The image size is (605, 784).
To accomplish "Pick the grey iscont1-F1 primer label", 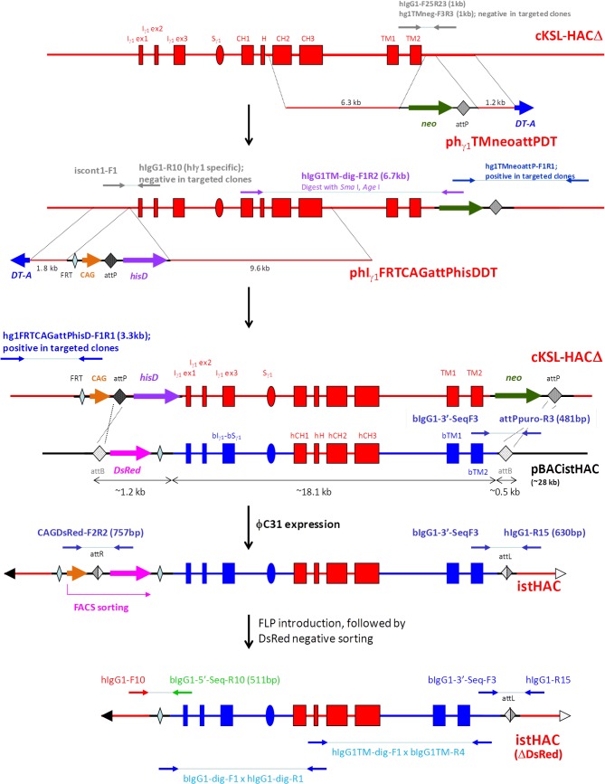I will coord(97,169).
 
